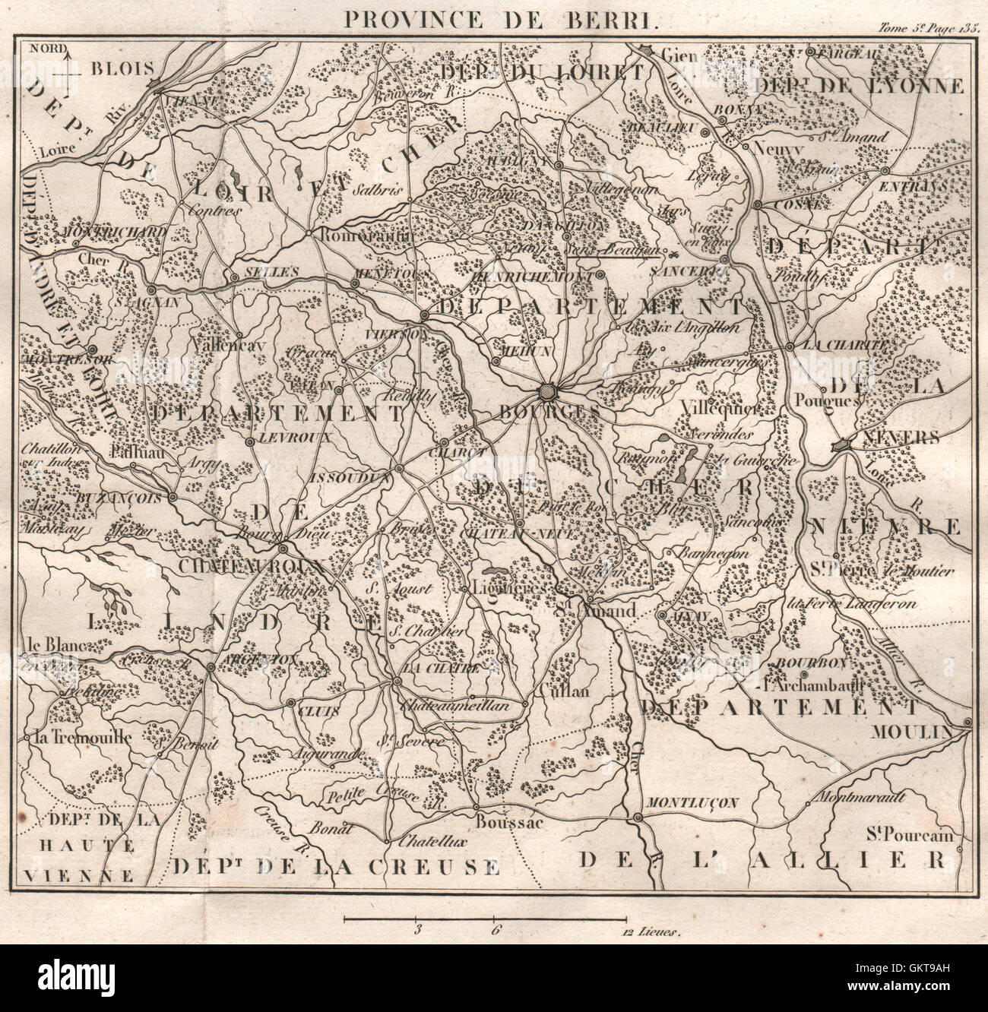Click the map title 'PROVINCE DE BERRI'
[499, 19]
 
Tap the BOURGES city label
[540, 411]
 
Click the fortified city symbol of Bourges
[547, 393]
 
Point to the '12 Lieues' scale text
[651, 929]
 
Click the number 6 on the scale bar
[496, 928]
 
